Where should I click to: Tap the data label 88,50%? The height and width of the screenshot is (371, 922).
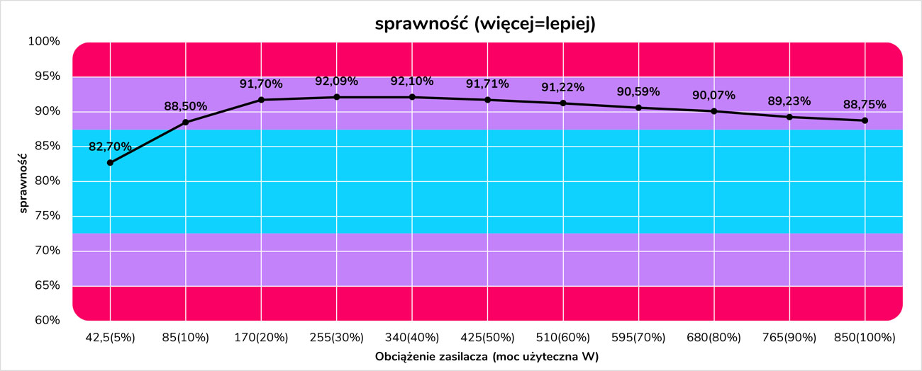point(186,106)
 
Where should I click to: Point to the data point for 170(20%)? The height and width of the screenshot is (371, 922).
point(261,100)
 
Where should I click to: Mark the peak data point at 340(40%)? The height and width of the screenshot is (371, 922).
point(412,97)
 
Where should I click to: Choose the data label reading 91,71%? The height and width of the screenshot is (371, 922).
point(487,84)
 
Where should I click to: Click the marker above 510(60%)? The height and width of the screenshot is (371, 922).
point(563,103)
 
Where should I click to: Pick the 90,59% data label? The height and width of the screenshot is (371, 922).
point(638,91)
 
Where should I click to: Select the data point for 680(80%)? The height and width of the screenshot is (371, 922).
point(714,111)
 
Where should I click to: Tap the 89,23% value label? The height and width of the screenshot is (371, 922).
point(789,101)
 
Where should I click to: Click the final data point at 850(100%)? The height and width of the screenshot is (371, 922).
point(865,120)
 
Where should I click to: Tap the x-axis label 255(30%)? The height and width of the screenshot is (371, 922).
point(336,338)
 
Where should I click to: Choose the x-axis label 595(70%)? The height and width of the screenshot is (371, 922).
point(638,338)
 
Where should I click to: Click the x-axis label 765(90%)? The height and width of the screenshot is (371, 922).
point(789,338)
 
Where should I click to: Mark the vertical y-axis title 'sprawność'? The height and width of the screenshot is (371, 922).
point(24,181)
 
